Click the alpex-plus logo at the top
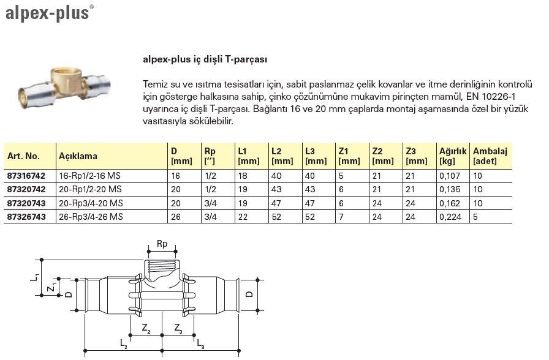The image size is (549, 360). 48,13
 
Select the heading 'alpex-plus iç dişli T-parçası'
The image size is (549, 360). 205,60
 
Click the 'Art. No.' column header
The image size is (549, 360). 23,156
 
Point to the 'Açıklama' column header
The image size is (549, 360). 78,156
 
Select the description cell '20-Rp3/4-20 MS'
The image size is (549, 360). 89,203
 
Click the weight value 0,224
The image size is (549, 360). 450,216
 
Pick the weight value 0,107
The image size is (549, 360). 450,176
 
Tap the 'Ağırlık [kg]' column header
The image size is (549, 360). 453,156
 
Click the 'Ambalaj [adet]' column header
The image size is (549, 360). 490,156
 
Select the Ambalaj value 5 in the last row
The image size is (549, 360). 475,216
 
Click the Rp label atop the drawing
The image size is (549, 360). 162,243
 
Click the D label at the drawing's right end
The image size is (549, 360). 249,295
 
